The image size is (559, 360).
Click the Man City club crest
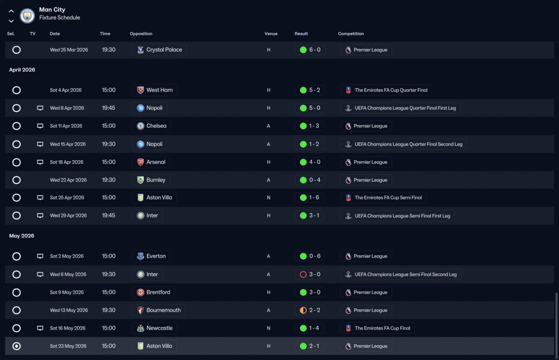pyautogui.click(x=27, y=16)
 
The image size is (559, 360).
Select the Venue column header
pyautogui.click(x=271, y=34)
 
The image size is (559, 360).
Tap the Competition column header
pyautogui.click(x=351, y=34)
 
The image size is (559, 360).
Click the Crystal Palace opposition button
pyautogui.click(x=159, y=50)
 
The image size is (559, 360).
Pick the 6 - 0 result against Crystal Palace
pyautogui.click(x=310, y=50)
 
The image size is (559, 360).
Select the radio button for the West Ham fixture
pyautogui.click(x=17, y=90)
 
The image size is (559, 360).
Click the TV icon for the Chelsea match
pyautogui.click(x=40, y=126)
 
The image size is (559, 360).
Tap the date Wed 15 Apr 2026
pyautogui.click(x=68, y=144)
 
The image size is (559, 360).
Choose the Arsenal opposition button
pyautogui.click(x=151, y=162)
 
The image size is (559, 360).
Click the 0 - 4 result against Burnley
pyautogui.click(x=310, y=180)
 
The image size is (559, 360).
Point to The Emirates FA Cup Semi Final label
pyautogui.click(x=388, y=198)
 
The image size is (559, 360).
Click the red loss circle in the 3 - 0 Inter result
pyautogui.click(x=303, y=274)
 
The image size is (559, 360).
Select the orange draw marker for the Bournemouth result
pyautogui.click(x=303, y=310)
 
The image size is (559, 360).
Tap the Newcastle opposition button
pyautogui.click(x=155, y=328)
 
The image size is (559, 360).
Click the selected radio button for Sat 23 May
pyautogui.click(x=17, y=346)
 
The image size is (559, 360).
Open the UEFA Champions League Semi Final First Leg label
pyautogui.click(x=402, y=216)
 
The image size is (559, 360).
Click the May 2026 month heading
pyautogui.click(x=22, y=236)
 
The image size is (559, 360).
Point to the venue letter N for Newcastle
pyautogui.click(x=269, y=328)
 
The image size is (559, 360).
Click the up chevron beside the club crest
pyautogui.click(x=11, y=11)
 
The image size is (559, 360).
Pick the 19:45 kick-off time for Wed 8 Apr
pyautogui.click(x=109, y=108)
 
